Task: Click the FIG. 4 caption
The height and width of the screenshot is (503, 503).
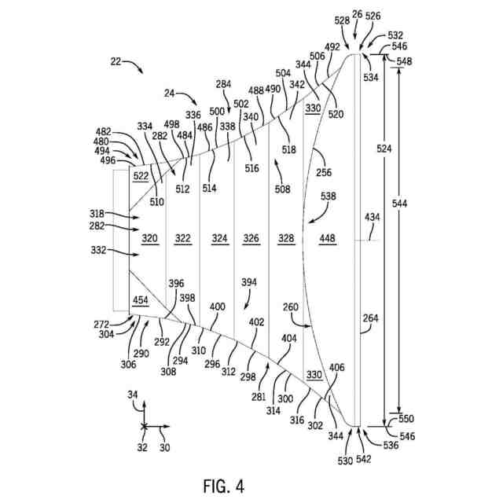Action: coord(223,486)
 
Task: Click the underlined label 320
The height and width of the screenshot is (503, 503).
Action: coord(150,238)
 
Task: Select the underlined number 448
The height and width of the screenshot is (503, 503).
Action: coord(328,238)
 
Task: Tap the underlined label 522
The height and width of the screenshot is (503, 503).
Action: coord(141,176)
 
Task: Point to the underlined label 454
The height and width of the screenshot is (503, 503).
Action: coord(141,300)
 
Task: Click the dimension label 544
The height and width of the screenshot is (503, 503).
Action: coord(399,204)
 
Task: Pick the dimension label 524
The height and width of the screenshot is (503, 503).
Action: coord(384,149)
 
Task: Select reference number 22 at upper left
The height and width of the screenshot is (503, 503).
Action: coord(116,61)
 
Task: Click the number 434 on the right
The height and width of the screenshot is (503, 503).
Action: coord(372,218)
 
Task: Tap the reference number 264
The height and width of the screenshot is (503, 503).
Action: coord(370,318)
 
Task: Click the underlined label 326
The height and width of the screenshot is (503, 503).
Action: coord(251,238)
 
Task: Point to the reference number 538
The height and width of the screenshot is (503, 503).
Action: coord(329,196)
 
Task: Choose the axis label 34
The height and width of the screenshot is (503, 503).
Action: coord(133,395)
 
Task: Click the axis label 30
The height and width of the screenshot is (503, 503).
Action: coord(164,447)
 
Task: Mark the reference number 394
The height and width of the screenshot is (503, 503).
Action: coord(249,282)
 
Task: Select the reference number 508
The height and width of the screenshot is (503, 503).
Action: coord(282,189)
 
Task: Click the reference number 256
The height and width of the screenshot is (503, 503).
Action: coord(324,172)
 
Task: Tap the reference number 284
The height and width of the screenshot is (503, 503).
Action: coord(223,84)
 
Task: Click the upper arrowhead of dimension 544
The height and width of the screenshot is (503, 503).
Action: coord(399,69)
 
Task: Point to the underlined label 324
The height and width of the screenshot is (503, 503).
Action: coord(220,238)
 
